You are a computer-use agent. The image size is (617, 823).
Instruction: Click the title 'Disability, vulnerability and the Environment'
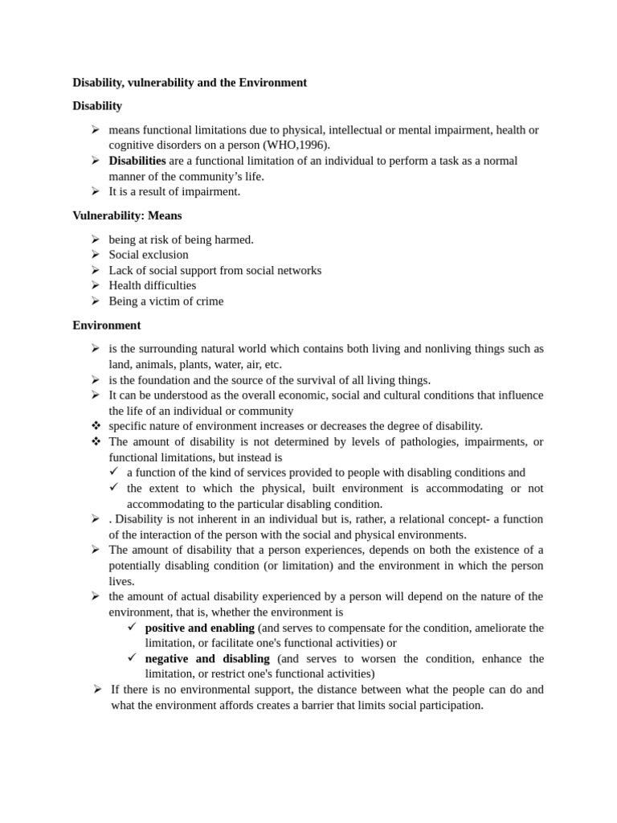tap(190, 82)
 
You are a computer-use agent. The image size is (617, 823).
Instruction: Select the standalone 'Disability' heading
tap(97, 106)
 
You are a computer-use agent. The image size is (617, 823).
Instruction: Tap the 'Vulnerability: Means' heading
tap(127, 215)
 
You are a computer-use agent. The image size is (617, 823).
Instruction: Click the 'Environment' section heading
tap(106, 325)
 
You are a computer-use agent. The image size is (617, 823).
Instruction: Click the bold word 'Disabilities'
tap(137, 161)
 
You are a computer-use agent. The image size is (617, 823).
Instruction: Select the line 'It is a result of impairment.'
tap(174, 191)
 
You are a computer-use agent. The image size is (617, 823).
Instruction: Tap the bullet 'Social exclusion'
tap(149, 255)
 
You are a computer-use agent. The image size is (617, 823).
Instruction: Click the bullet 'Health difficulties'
tap(152, 285)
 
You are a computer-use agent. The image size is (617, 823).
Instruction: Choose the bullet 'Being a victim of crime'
tap(165, 301)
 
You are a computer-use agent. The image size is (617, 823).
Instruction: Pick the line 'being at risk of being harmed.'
tap(181, 240)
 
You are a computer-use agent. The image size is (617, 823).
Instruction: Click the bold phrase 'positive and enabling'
tap(199, 627)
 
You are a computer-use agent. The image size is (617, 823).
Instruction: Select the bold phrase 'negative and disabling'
tap(207, 658)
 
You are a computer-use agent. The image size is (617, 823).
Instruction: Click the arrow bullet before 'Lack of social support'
tap(95, 270)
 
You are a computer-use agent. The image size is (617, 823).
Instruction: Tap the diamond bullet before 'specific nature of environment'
tap(95, 425)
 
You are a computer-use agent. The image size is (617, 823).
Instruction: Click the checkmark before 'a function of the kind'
tap(113, 472)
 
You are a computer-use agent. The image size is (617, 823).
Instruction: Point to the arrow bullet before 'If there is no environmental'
tap(96, 689)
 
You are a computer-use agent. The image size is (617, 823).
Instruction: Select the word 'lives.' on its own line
tap(122, 580)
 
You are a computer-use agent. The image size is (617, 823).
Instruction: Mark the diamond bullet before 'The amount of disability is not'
tap(95, 441)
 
